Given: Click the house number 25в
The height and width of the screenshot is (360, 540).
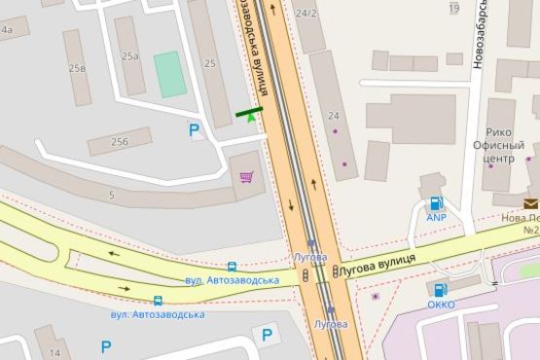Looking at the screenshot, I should tap(77, 68).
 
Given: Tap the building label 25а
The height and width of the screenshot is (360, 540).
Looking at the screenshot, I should tap(130, 55).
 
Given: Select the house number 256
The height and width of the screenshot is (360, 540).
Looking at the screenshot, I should tap(120, 142).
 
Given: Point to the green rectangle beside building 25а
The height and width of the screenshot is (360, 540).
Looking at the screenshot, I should tap(169, 74).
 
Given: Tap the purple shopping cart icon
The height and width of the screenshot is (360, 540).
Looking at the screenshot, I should tap(247, 177).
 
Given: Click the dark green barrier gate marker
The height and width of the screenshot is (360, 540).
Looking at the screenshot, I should tap(248, 113).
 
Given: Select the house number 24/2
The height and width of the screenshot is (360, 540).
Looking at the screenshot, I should tap(306, 13).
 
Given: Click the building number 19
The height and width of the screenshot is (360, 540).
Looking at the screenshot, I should tap(453, 9).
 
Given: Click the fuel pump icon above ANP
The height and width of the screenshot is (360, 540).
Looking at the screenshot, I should tap(436, 203).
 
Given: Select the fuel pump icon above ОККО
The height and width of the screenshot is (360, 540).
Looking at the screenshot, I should tap(440, 289).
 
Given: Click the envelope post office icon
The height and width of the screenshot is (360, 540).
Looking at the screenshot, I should tap(530, 203).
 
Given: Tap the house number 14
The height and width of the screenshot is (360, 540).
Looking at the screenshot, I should tap(54, 351).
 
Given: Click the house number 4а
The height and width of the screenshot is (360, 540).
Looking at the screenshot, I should tap(7, 30).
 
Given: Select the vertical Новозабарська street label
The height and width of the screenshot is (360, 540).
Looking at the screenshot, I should tap(478, 34).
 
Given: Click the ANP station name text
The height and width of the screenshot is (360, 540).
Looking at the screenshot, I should tap(436, 218).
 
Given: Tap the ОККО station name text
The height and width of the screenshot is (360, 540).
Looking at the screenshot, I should tap(441, 305).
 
